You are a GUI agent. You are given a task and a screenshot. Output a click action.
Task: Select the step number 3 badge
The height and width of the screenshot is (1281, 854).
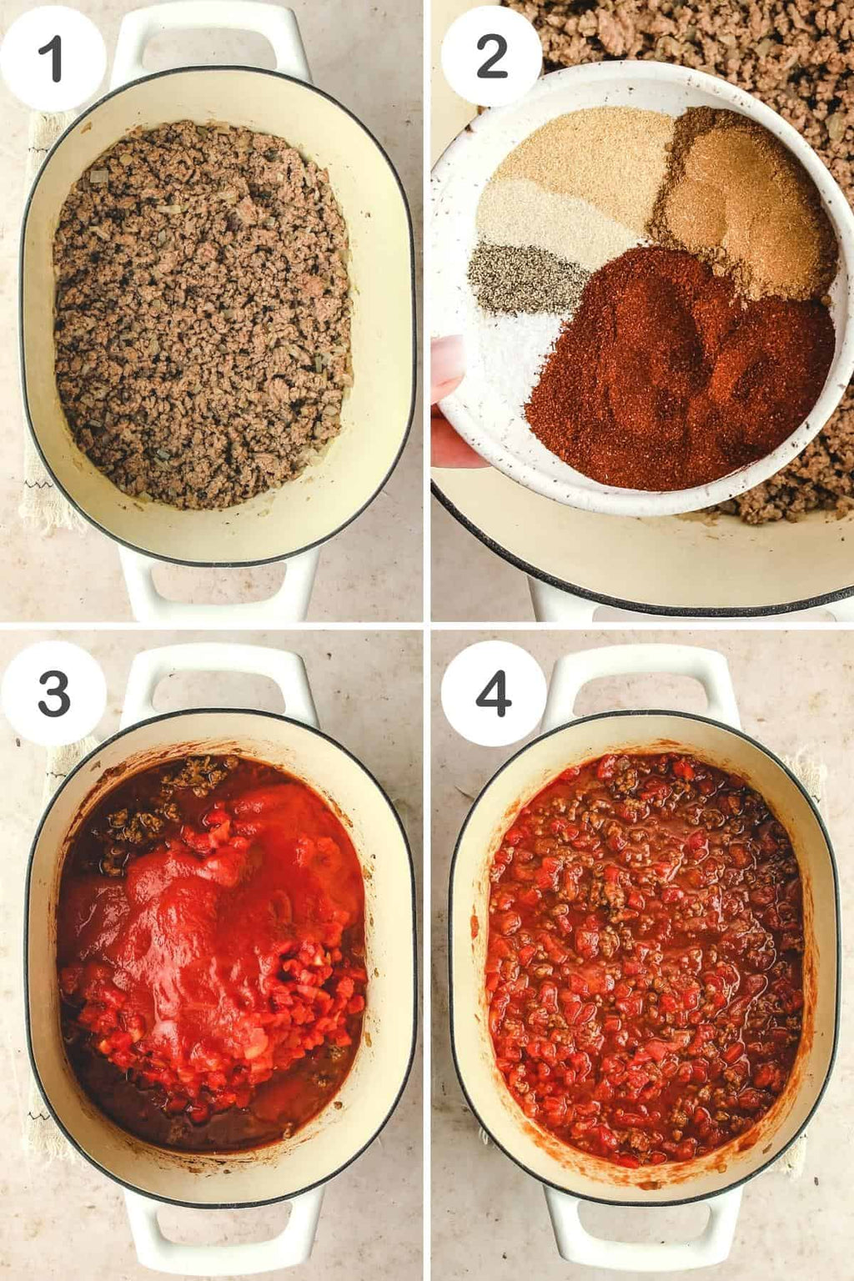click(53, 694)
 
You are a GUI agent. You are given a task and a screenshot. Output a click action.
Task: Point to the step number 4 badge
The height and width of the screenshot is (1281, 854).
click(493, 693)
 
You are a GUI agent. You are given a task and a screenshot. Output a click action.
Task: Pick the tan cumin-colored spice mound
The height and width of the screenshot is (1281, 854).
click(744, 200)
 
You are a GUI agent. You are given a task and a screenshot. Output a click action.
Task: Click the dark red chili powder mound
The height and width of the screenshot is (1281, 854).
click(675, 372)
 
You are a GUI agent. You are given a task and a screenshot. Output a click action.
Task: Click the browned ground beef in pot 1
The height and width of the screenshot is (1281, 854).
click(203, 314)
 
